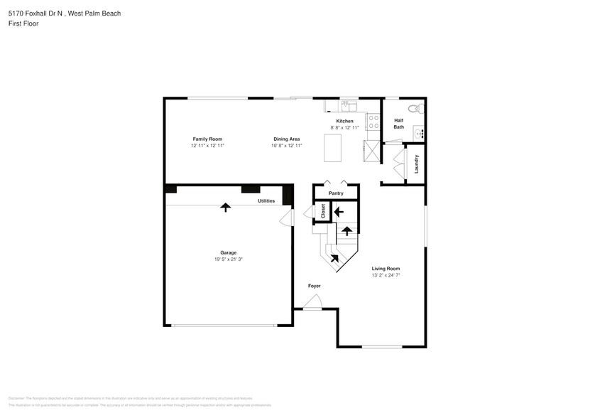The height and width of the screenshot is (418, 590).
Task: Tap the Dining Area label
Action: [x=287, y=139]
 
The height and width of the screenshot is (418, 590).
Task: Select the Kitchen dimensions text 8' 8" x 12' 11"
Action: [x=344, y=127]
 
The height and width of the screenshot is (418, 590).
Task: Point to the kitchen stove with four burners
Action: [x=373, y=122]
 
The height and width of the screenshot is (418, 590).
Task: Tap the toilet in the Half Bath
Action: [x=417, y=108]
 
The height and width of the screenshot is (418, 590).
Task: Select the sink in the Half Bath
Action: [x=420, y=132]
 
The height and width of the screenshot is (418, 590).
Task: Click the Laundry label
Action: [x=417, y=164]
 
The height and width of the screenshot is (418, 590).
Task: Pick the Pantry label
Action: [x=336, y=193]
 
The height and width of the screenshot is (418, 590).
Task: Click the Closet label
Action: [x=322, y=211]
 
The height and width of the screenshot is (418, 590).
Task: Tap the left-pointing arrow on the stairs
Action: [x=339, y=211]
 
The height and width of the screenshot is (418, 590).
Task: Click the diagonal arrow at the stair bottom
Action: [x=334, y=258]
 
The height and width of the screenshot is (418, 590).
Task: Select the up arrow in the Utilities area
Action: [x=226, y=207]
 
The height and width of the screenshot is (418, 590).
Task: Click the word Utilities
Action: [x=266, y=201]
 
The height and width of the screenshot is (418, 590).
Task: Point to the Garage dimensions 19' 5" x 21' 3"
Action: [x=228, y=259]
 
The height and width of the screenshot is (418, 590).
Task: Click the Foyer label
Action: [x=314, y=286]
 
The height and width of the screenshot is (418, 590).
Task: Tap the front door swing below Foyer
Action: [x=312, y=304]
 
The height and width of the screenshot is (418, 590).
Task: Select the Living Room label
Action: [x=386, y=269]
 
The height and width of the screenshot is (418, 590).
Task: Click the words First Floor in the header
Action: [x=23, y=23]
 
